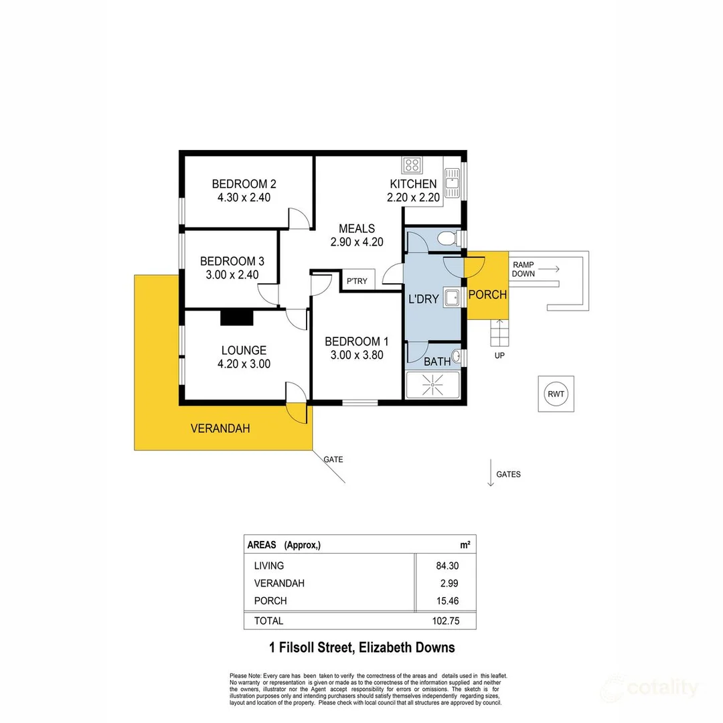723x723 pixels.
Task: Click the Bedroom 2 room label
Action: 244,183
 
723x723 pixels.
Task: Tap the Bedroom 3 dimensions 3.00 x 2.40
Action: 228,274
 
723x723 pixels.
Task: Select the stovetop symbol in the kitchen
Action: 410,165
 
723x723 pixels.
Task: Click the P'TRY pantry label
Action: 356,281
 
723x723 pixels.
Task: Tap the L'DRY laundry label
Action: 423,299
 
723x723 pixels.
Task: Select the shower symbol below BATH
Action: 432,386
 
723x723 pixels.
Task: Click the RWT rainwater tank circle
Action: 556,394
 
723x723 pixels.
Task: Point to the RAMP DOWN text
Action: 524,269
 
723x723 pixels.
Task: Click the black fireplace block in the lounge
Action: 237,317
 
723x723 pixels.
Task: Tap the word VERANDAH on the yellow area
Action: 220,428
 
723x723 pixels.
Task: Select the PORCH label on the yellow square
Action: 487,295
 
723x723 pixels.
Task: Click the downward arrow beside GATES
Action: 490,473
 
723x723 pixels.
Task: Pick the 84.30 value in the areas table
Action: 447,566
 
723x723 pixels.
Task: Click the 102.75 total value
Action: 444,621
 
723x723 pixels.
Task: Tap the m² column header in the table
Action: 465,544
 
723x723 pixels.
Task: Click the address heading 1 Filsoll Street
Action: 361,647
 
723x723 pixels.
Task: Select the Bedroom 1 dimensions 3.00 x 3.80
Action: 357,355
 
